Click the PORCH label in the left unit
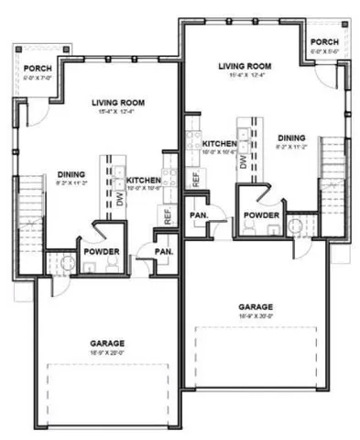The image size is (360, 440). click(x=38, y=68)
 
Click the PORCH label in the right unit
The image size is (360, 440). click(x=323, y=43)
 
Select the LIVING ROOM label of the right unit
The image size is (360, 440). click(x=246, y=66)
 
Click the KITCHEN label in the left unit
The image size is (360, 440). click(x=144, y=180)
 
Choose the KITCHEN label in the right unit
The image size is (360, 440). click(x=220, y=144)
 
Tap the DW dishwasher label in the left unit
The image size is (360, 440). click(x=119, y=200)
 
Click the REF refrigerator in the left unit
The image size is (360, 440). click(x=168, y=216)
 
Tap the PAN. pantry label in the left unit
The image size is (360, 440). click(x=164, y=250)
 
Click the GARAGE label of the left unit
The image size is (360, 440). click(x=102, y=341)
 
